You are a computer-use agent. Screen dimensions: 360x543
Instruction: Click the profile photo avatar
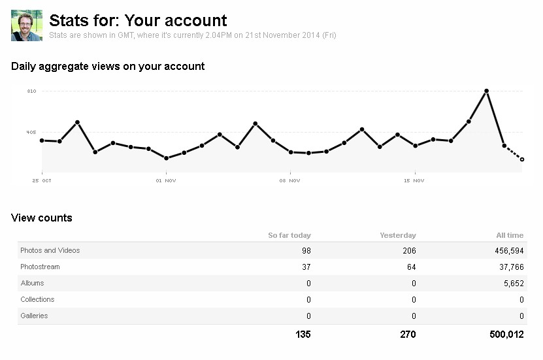tap(27, 25)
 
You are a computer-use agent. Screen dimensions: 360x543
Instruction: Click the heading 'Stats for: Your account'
tap(138, 20)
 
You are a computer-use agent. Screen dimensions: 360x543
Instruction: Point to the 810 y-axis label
tap(31, 91)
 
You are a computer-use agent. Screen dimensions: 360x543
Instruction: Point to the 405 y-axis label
tap(31, 132)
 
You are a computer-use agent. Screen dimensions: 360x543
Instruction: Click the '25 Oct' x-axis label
tap(42, 180)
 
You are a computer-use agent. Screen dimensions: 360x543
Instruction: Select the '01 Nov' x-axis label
tap(166, 180)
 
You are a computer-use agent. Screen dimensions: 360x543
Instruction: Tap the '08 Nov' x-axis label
tap(289, 180)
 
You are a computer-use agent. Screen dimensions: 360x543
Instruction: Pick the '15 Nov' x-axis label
tap(414, 180)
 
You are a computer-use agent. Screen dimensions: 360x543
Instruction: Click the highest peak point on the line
tap(486, 91)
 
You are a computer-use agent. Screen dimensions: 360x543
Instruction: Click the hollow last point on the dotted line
tap(522, 159)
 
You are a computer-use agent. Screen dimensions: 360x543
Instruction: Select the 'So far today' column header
tap(289, 235)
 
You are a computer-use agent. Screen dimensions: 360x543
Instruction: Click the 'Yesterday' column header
tap(398, 235)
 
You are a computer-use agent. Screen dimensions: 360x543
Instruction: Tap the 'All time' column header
tap(510, 235)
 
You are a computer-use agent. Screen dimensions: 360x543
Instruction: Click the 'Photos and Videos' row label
tap(50, 250)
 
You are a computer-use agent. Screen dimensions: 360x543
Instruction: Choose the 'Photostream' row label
tap(41, 267)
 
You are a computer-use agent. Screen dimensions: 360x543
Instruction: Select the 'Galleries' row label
tap(34, 316)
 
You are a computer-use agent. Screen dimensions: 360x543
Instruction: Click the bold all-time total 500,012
tap(505, 335)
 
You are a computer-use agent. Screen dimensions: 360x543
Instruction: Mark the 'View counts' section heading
tap(42, 218)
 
